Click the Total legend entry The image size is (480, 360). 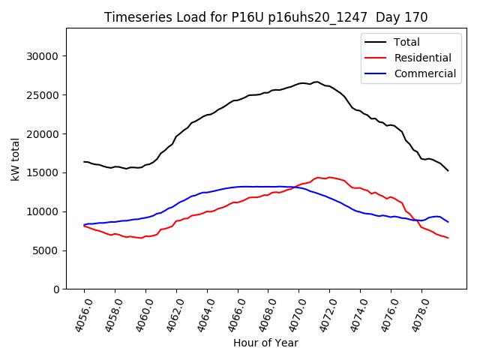click(406, 42)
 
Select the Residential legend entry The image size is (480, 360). click(422, 58)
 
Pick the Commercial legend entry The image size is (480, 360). click(424, 73)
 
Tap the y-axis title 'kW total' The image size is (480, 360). click(15, 158)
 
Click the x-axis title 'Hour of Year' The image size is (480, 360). click(265, 343)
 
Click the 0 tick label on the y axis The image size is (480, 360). click(56, 289)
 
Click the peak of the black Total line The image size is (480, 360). click(316, 82)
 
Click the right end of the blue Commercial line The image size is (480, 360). click(448, 222)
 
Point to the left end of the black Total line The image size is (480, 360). click(84, 161)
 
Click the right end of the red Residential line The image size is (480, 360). click(448, 238)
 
